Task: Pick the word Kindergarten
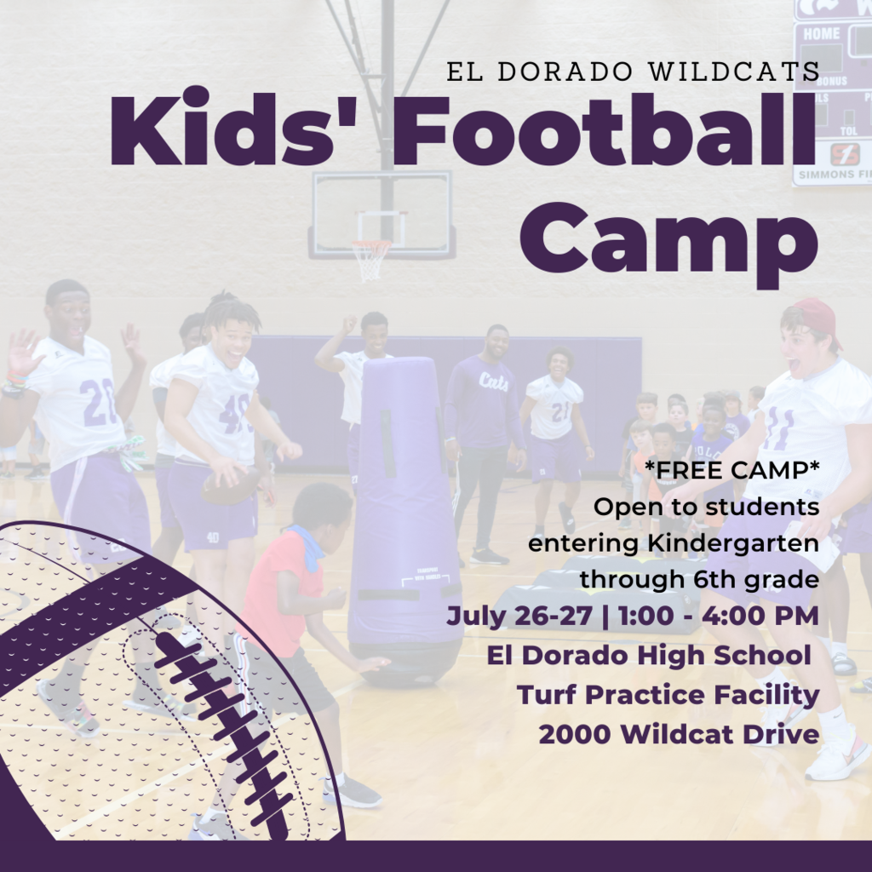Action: click(x=733, y=544)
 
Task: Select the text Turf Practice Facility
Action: click(x=668, y=695)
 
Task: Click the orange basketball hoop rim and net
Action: click(x=370, y=259)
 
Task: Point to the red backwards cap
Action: click(x=816, y=320)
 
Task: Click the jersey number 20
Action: click(x=98, y=402)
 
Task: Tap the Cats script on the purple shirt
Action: click(x=493, y=382)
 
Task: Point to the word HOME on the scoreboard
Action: click(x=822, y=33)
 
